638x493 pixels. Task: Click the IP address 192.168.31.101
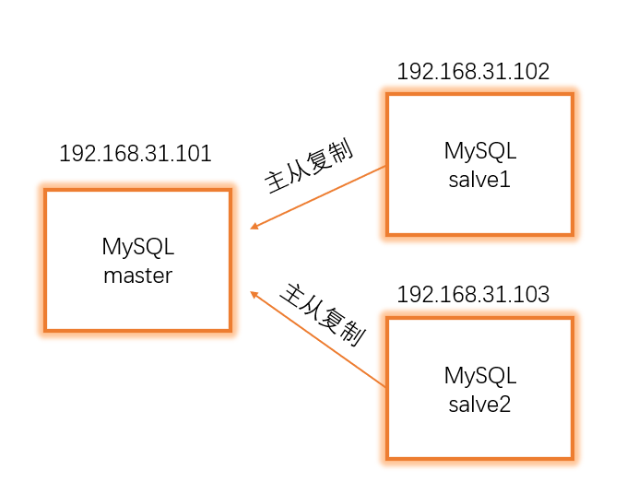tap(136, 154)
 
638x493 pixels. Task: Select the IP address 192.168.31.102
tap(473, 72)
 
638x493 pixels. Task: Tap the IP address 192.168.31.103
tap(473, 295)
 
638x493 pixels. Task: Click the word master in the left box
tap(137, 275)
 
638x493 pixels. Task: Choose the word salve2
tap(479, 404)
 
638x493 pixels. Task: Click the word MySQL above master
tap(137, 247)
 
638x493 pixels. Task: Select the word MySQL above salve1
tap(479, 151)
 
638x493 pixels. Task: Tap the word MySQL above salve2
tap(479, 376)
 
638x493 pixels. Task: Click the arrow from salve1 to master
tap(318, 198)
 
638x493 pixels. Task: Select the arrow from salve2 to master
tap(318, 340)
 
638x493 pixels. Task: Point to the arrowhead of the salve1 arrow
tap(255, 227)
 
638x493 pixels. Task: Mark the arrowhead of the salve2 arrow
tap(255, 294)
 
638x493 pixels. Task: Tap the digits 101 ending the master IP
tap(196, 154)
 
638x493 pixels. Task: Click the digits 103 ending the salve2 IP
tap(534, 295)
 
